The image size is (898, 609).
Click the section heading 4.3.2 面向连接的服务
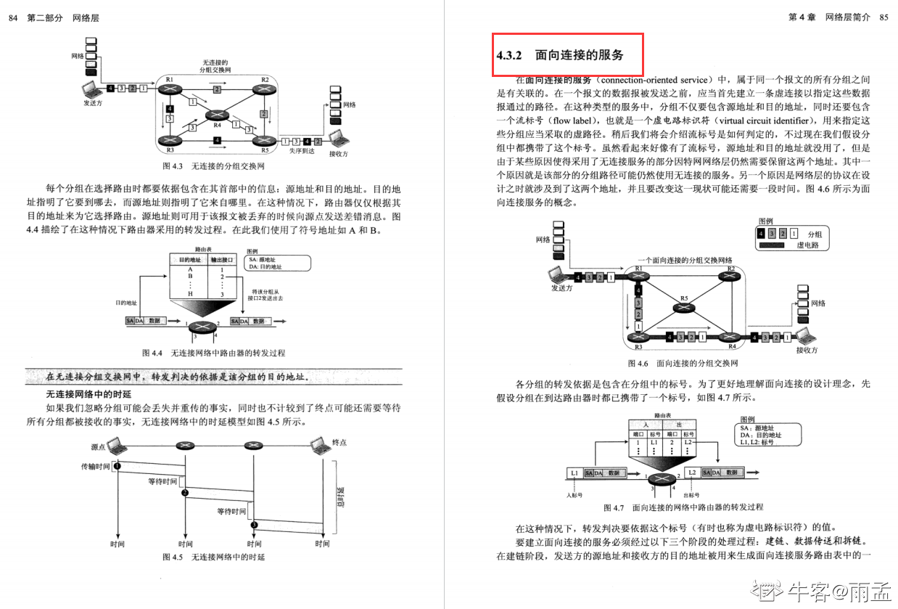[x=559, y=54]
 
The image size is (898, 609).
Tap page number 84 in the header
[x=13, y=17]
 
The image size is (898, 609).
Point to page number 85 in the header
[x=883, y=17]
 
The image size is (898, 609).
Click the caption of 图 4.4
[x=213, y=353]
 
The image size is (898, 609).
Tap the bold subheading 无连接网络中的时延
[x=88, y=394]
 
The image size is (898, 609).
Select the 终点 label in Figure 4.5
[x=339, y=442]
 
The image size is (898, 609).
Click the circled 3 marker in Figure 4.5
[x=254, y=524]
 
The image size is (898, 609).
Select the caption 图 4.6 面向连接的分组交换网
[x=683, y=363]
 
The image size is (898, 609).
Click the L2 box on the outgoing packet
[x=691, y=473]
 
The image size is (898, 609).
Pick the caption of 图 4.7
[x=683, y=507]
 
